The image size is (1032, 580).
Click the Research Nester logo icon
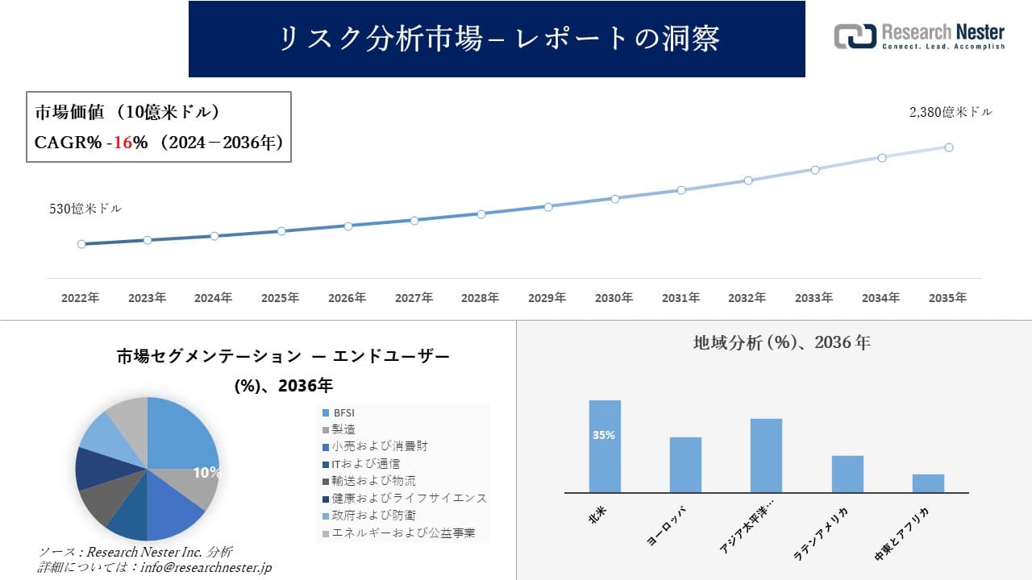pos(855,36)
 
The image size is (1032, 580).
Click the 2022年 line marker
pos(81,244)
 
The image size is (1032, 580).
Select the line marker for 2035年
pos(949,147)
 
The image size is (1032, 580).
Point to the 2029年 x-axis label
pos(547,298)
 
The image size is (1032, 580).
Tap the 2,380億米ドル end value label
pos(951,113)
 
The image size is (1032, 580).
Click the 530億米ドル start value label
pos(85,209)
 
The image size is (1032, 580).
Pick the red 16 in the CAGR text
pos(123,143)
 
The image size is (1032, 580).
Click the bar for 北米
pos(605,446)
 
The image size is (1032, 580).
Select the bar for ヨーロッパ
pos(685,465)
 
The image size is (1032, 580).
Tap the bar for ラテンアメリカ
pos(847,474)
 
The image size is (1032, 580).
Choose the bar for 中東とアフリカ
pos(928,483)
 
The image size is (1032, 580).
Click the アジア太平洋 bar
pos(766,455)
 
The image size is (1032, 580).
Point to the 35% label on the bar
pos(604,435)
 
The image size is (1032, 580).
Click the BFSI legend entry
pos(344,412)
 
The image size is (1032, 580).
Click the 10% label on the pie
pos(206,473)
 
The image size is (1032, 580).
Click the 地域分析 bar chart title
pos(781,342)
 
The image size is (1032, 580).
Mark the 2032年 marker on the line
pos(748,180)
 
